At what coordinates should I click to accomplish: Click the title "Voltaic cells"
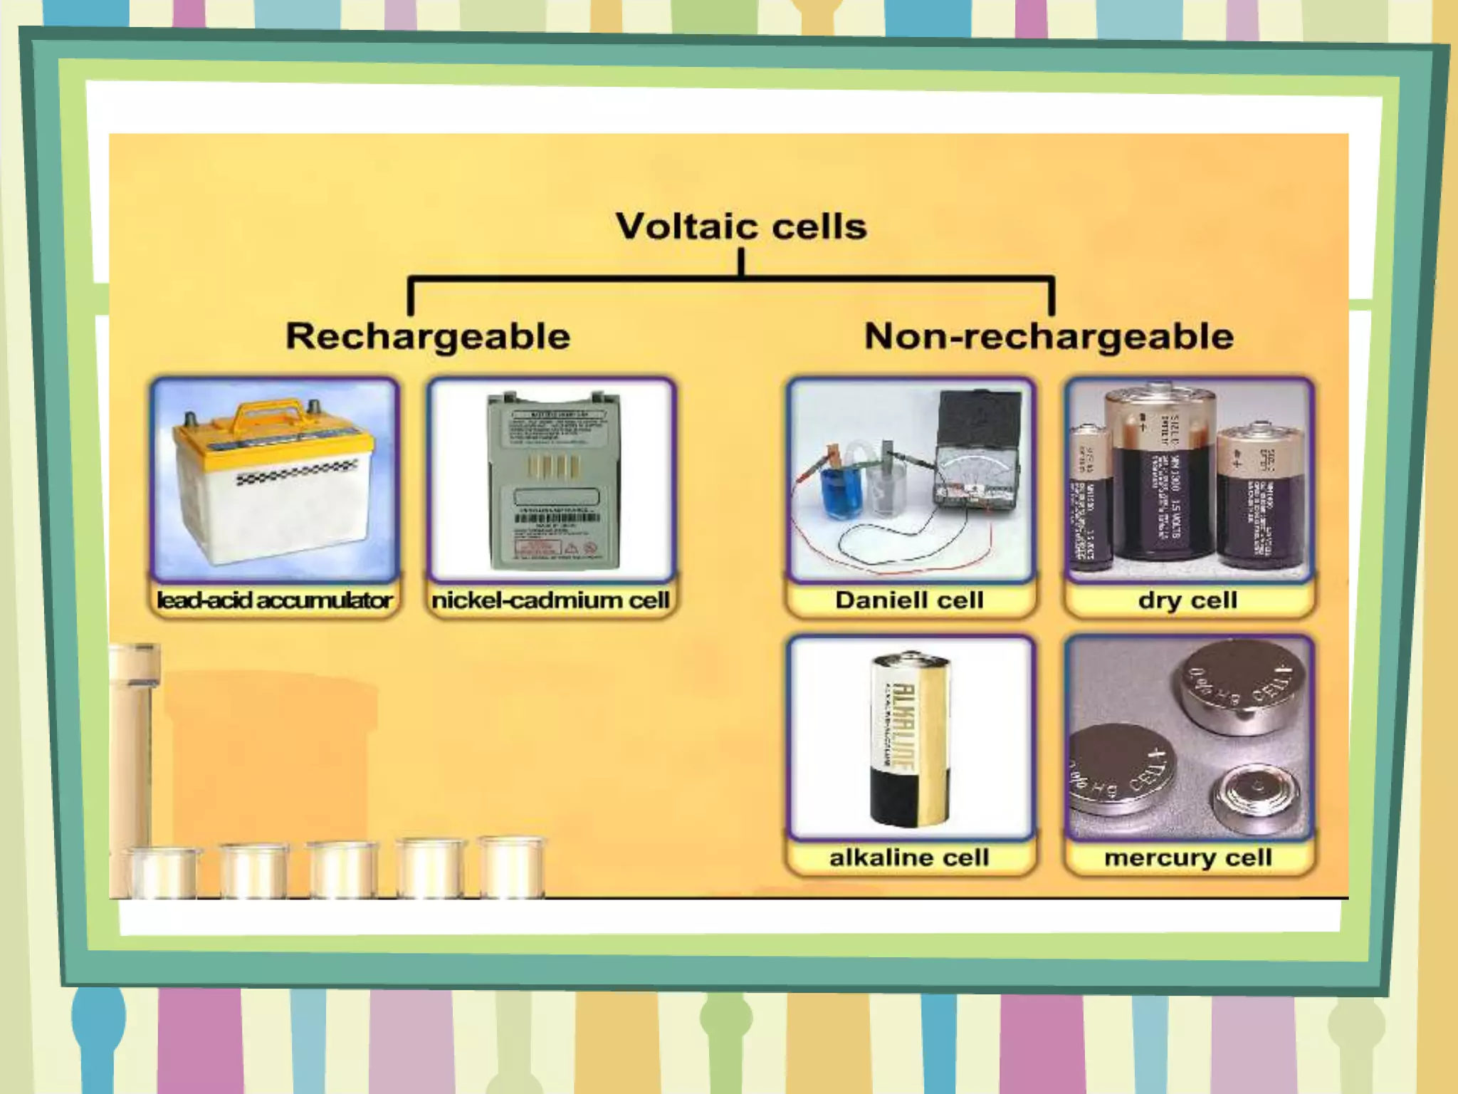741,226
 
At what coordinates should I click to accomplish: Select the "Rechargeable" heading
428,336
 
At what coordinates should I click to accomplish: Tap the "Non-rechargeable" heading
1049,336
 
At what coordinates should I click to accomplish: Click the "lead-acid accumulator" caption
274,600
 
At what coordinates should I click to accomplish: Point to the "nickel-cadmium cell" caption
550,600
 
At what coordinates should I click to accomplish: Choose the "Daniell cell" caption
909,600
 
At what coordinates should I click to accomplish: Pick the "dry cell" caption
1187,600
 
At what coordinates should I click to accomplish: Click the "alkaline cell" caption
909,858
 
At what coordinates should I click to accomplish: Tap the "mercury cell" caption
1187,858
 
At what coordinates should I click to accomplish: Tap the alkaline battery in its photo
909,741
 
